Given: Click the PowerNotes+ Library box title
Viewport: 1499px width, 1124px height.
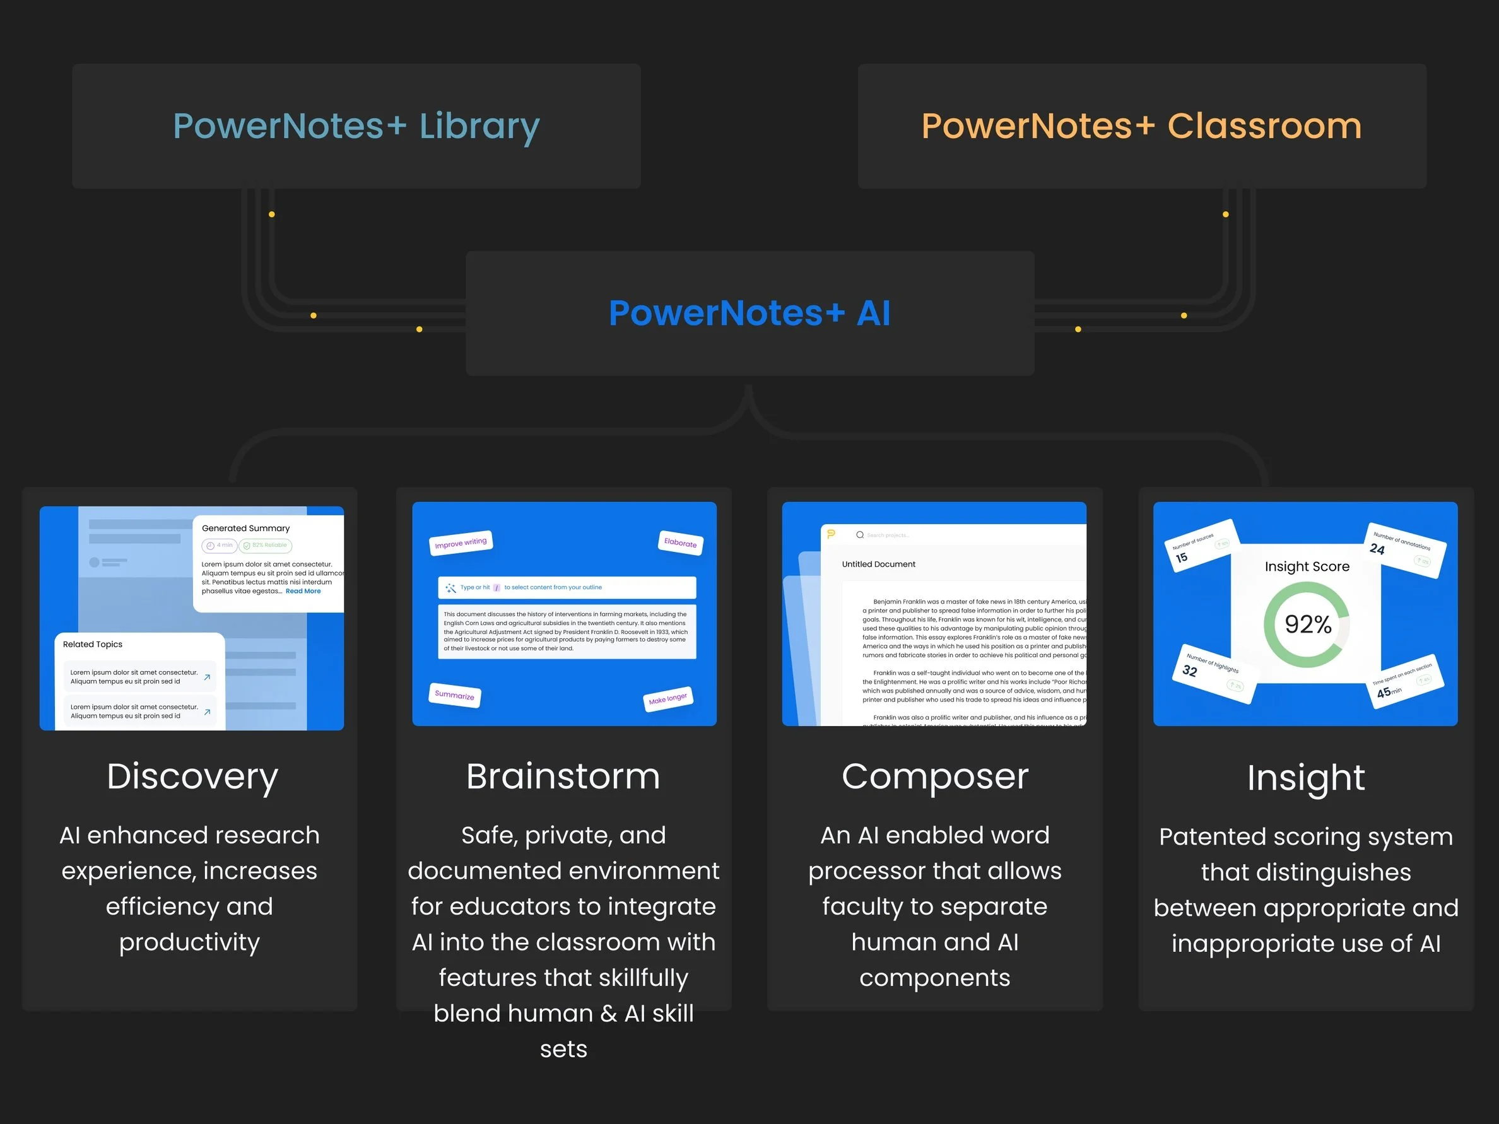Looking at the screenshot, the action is (x=356, y=126).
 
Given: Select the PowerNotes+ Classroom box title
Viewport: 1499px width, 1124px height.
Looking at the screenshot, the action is (x=1141, y=126).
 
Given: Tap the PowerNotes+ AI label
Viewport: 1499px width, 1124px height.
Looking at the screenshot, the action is (x=749, y=313).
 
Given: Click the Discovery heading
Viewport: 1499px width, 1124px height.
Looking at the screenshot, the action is (x=192, y=776).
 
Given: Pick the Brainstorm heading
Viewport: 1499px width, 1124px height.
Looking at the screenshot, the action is (x=563, y=776).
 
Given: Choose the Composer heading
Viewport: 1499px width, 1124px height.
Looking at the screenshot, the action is (x=934, y=776).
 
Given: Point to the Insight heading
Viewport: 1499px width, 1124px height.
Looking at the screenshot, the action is (x=1305, y=778).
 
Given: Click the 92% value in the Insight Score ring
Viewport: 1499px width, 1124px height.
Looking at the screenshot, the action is (x=1307, y=624).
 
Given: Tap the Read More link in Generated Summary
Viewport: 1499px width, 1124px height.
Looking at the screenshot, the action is (x=303, y=592).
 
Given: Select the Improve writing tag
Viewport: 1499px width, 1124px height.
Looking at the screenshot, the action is (x=461, y=542).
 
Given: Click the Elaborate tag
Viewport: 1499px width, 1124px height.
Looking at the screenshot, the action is (x=679, y=542).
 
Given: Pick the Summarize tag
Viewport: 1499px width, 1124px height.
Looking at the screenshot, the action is (x=454, y=695).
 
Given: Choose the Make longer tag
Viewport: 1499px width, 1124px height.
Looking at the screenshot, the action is (x=667, y=698).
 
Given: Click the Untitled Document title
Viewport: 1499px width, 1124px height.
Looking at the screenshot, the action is (x=878, y=564).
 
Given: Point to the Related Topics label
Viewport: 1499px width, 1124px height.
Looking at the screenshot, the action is (x=93, y=645).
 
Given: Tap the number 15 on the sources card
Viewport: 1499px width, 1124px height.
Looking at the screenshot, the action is (x=1181, y=558).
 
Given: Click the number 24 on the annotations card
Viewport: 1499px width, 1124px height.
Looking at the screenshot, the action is (x=1377, y=549).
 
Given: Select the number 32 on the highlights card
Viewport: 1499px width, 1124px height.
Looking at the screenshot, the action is (x=1189, y=670).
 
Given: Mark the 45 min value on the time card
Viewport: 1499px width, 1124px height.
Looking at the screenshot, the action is (x=1388, y=692).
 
